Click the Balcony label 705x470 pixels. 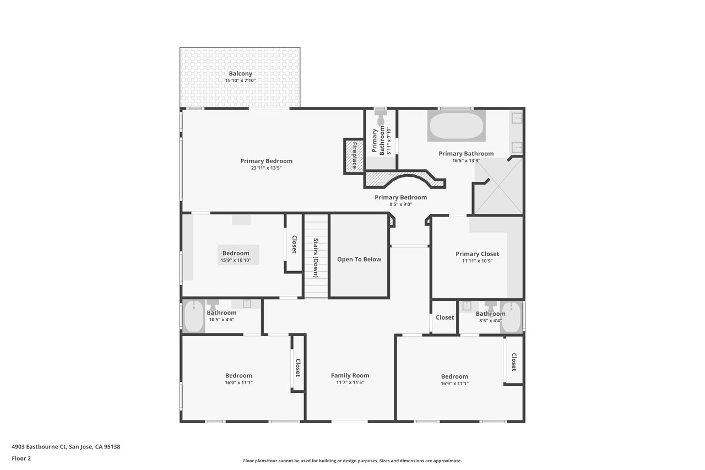pyautogui.click(x=241, y=73)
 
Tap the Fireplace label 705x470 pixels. pyautogui.click(x=355, y=155)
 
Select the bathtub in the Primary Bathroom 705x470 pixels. pyautogui.click(x=457, y=126)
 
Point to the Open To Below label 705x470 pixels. pyautogui.click(x=359, y=259)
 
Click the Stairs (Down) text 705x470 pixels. pyautogui.click(x=316, y=258)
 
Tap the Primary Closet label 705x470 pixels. pyautogui.click(x=477, y=253)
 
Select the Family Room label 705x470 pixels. pyautogui.click(x=350, y=375)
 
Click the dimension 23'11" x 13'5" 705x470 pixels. pyautogui.click(x=266, y=168)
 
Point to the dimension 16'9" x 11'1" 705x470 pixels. pyautogui.click(x=454, y=383)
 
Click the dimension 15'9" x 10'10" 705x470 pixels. pyautogui.click(x=236, y=260)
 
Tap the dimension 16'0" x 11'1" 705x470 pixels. pyautogui.click(x=238, y=382)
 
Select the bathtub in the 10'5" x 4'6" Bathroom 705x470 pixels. pyautogui.click(x=193, y=316)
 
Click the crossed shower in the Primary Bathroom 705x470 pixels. pyautogui.click(x=498, y=186)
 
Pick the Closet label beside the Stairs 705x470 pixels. pyautogui.click(x=295, y=244)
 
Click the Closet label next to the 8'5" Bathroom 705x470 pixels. pyautogui.click(x=444, y=317)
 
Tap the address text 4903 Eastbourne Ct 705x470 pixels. pyautogui.click(x=39, y=446)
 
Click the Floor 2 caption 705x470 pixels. pyautogui.click(x=21, y=458)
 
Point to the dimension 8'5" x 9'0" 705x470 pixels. pyautogui.click(x=400, y=204)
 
